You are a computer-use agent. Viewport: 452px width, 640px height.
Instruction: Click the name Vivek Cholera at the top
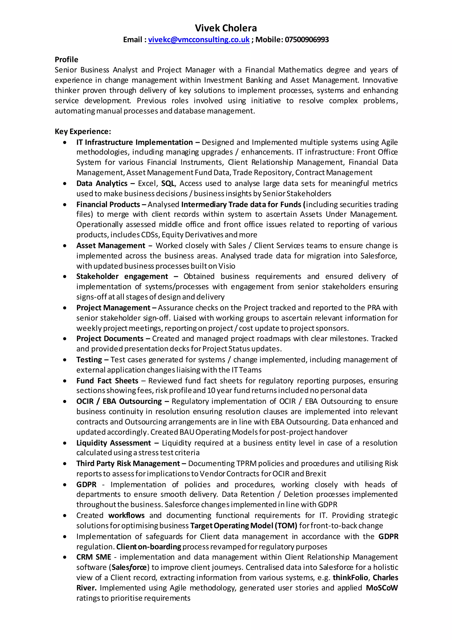click(x=226, y=28)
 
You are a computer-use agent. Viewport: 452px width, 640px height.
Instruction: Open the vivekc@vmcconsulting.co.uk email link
click(x=199, y=40)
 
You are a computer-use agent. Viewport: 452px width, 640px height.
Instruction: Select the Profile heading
click(x=66, y=60)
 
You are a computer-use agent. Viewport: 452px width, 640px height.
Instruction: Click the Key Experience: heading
click(x=83, y=131)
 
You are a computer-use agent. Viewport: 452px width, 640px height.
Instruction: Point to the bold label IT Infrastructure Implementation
click(x=134, y=143)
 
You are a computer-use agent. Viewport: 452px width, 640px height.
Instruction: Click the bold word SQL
click(x=168, y=183)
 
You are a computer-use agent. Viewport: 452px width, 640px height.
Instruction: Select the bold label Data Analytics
click(x=102, y=183)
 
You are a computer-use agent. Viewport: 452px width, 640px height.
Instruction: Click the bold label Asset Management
click(x=111, y=246)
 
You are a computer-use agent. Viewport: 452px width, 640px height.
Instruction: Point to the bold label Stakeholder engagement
click(x=122, y=276)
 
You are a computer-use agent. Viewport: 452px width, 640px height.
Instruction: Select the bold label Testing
click(x=89, y=360)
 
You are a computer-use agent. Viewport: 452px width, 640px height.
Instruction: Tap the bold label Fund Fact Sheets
click(x=107, y=381)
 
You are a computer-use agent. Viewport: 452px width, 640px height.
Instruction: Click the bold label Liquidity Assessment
click(x=114, y=443)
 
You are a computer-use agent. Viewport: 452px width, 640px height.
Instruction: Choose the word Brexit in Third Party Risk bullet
click(x=316, y=474)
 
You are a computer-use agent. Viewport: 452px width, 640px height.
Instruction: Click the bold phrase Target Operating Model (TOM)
click(x=243, y=526)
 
